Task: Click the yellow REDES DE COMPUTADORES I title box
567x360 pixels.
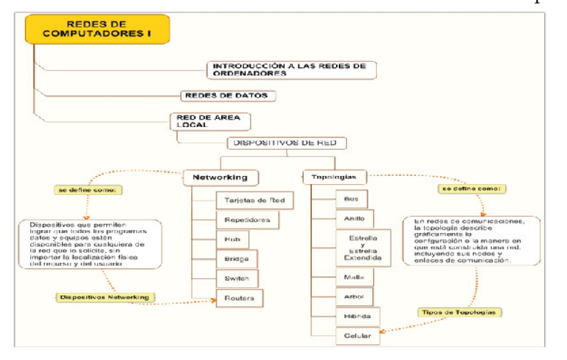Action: coord(96,30)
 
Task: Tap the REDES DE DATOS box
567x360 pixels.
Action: coord(224,95)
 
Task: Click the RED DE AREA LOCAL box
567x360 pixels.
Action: coord(210,121)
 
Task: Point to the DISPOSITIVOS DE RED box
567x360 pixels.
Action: coord(287,143)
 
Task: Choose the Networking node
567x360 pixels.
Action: coord(220,177)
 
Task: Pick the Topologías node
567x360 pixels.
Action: coord(334,177)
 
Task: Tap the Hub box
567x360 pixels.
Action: coord(232,240)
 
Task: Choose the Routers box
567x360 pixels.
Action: coord(239,297)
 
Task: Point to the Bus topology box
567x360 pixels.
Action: coord(351,199)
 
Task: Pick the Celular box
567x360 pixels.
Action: coord(357,336)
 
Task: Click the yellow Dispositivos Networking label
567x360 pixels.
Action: coord(104,297)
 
